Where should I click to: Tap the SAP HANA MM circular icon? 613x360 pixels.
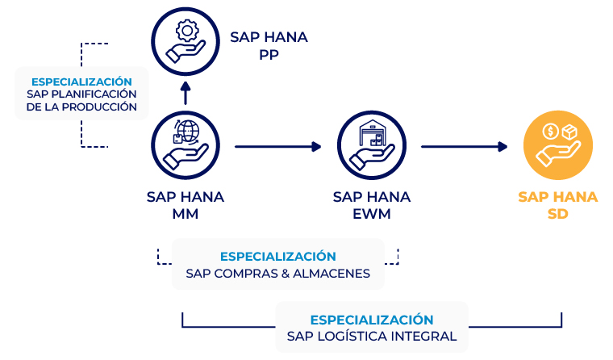click(185, 147)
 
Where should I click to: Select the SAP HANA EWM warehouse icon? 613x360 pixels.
click(370, 147)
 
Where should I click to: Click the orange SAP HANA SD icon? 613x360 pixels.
click(557, 147)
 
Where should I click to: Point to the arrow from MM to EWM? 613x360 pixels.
click(277, 147)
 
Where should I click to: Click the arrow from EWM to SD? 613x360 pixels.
click(465, 147)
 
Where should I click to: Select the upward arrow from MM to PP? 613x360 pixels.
click(185, 93)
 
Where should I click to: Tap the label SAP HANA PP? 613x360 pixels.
click(269, 45)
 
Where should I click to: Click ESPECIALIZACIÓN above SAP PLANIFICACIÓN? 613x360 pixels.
click(81, 82)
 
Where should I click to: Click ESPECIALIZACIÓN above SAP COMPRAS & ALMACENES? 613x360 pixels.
click(277, 257)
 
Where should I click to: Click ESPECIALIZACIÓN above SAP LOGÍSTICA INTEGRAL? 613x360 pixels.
click(371, 320)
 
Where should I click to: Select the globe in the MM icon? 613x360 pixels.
click(189, 131)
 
